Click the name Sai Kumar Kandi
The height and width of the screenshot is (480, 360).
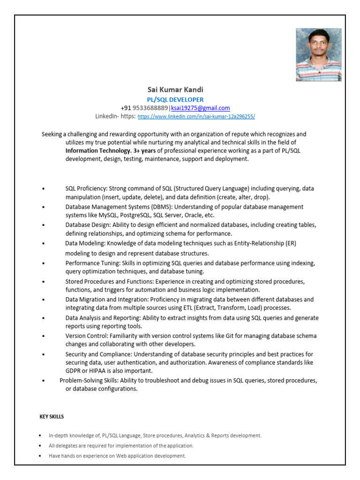coord(175,90)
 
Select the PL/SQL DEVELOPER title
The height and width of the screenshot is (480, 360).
coord(175,99)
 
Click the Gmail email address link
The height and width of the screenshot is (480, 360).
coord(200,108)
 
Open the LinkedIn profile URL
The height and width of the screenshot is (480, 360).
coord(196,116)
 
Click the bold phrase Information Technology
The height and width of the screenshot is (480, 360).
coord(98,150)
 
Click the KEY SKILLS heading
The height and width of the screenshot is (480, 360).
coord(51,416)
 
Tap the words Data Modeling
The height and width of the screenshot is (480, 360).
coord(85,244)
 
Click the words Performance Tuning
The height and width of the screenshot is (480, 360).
coord(91,263)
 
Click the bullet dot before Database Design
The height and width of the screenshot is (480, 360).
coord(43,225)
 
